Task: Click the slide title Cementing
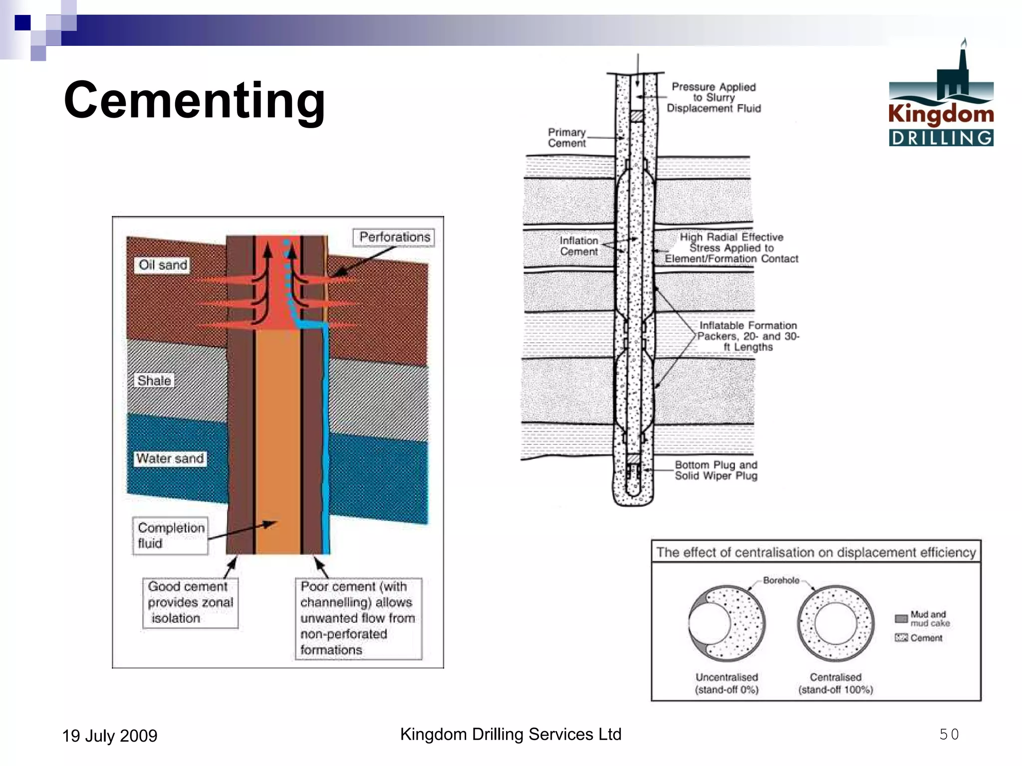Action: (x=195, y=101)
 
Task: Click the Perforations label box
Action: (x=394, y=237)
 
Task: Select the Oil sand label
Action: (x=163, y=265)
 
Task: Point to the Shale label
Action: (x=154, y=381)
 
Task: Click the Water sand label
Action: (x=170, y=458)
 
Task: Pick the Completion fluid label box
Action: (x=170, y=536)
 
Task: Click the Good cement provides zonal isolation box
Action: (x=190, y=602)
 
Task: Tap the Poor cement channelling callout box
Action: (x=358, y=618)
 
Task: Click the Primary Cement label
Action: (x=567, y=138)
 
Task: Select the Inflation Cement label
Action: (x=578, y=246)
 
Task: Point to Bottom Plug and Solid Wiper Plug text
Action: (x=716, y=470)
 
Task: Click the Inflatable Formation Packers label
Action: (x=748, y=336)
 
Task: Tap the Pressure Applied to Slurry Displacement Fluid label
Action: (x=714, y=98)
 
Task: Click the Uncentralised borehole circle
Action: (x=727, y=623)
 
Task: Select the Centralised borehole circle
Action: (x=835, y=623)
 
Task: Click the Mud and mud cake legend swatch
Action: (x=901, y=618)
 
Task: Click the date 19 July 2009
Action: (x=110, y=736)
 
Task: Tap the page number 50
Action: (x=949, y=734)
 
